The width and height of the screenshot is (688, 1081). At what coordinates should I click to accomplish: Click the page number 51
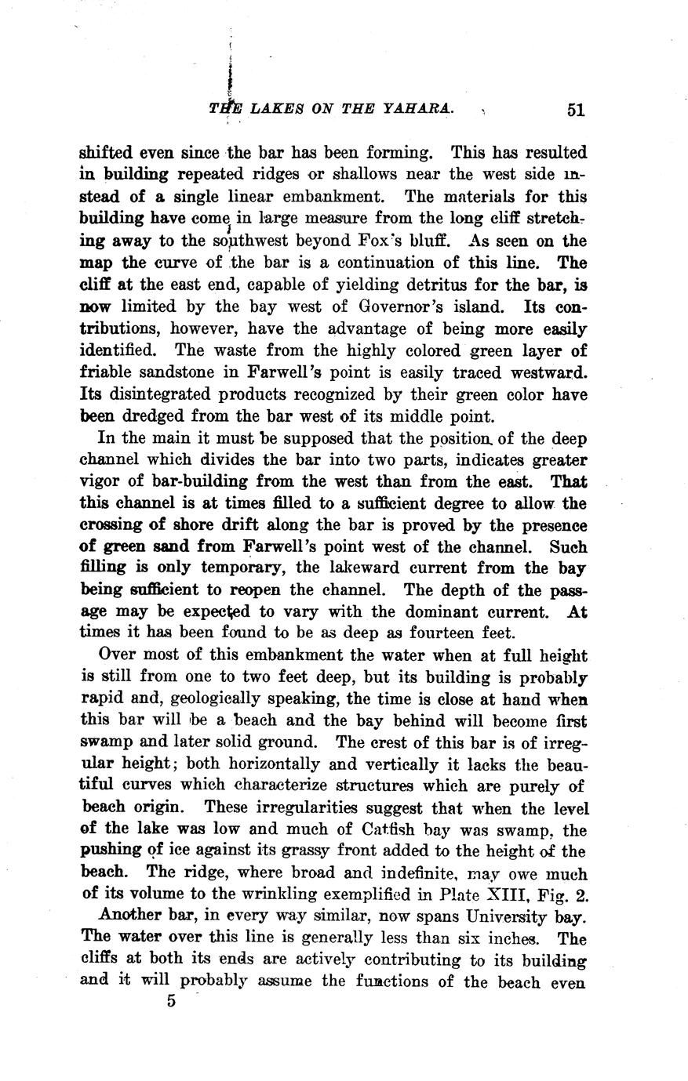point(576,111)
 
